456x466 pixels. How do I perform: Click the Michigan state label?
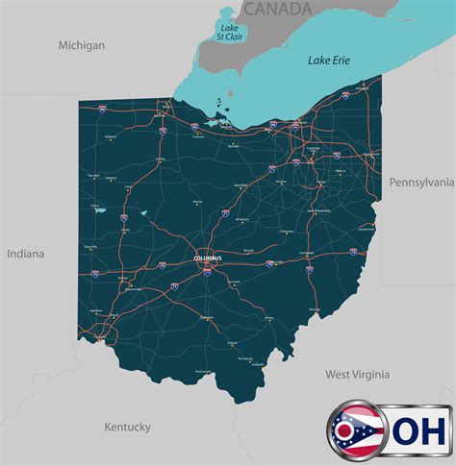click(81, 45)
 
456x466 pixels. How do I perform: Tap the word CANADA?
click(277, 10)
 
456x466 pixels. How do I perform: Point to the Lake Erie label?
click(329, 60)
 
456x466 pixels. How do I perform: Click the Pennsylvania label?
click(421, 182)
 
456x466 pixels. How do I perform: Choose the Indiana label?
click(25, 254)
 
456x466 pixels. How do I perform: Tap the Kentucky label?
click(127, 427)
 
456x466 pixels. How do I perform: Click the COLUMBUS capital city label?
click(207, 258)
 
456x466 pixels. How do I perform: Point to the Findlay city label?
click(160, 159)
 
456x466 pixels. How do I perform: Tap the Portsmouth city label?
click(203, 371)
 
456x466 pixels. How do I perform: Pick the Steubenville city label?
click(367, 229)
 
